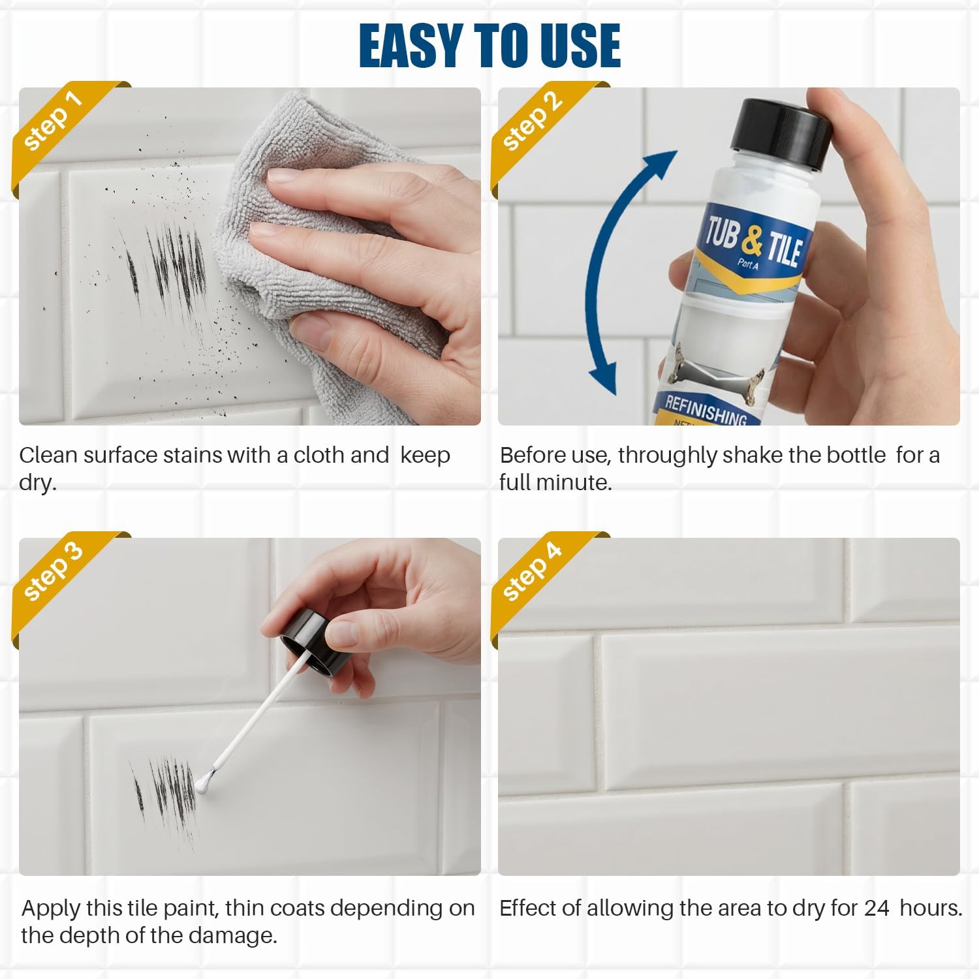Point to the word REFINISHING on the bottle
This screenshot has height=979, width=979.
pyautogui.click(x=705, y=410)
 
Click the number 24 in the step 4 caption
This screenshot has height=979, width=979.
pyautogui.click(x=877, y=909)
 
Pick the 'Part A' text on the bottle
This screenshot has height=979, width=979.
pyautogui.click(x=748, y=264)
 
